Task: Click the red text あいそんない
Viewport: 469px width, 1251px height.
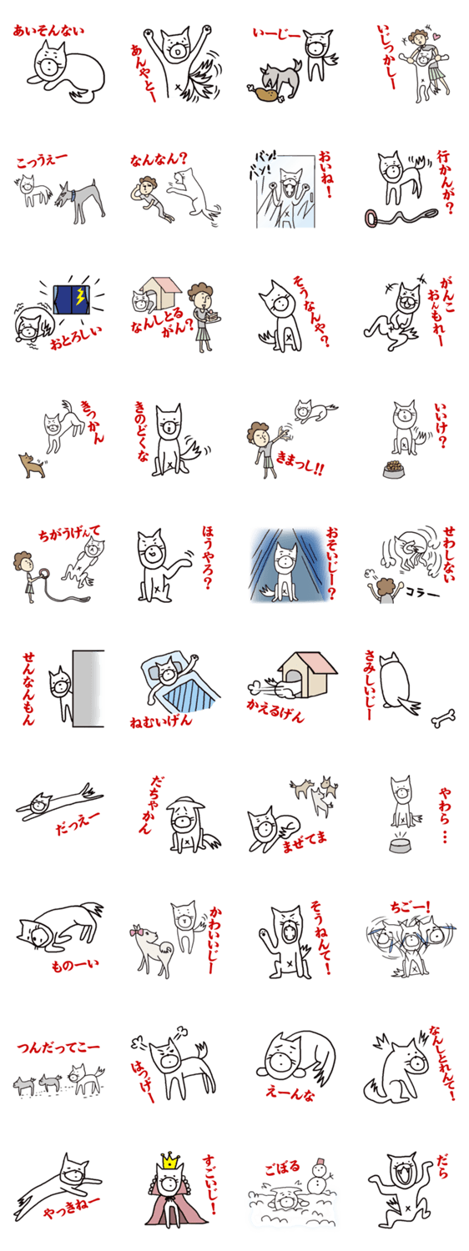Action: [48, 30]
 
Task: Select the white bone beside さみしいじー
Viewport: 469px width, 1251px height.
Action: [443, 717]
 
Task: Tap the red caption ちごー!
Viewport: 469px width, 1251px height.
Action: [411, 906]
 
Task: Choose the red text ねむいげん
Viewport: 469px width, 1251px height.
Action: [160, 721]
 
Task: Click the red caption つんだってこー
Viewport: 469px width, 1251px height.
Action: [58, 1047]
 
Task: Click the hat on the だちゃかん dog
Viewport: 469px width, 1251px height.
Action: [185, 805]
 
